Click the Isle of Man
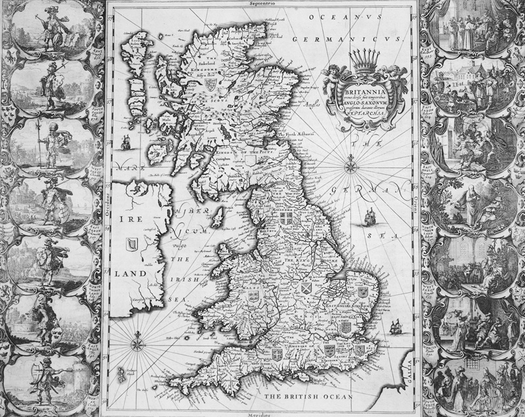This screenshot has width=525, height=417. pyautogui.click(x=220, y=214)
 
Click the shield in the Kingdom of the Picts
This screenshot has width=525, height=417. pyautogui.click(x=211, y=85)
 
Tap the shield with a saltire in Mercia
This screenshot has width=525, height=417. pyautogui.click(x=306, y=287)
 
